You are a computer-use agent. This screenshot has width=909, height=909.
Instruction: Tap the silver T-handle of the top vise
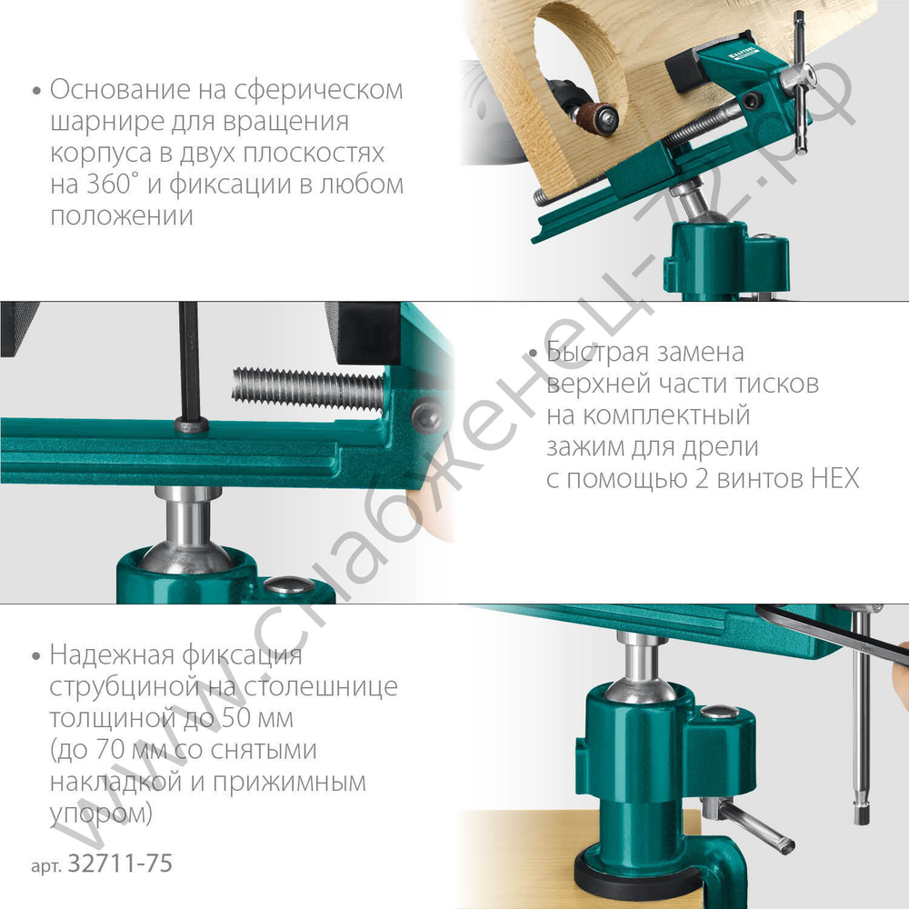(x=799, y=86)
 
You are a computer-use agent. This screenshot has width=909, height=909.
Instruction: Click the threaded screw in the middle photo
(x=308, y=385)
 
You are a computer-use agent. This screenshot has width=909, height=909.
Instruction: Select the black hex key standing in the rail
(x=190, y=364)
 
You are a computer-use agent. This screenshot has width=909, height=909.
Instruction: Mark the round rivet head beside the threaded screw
(x=425, y=415)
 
